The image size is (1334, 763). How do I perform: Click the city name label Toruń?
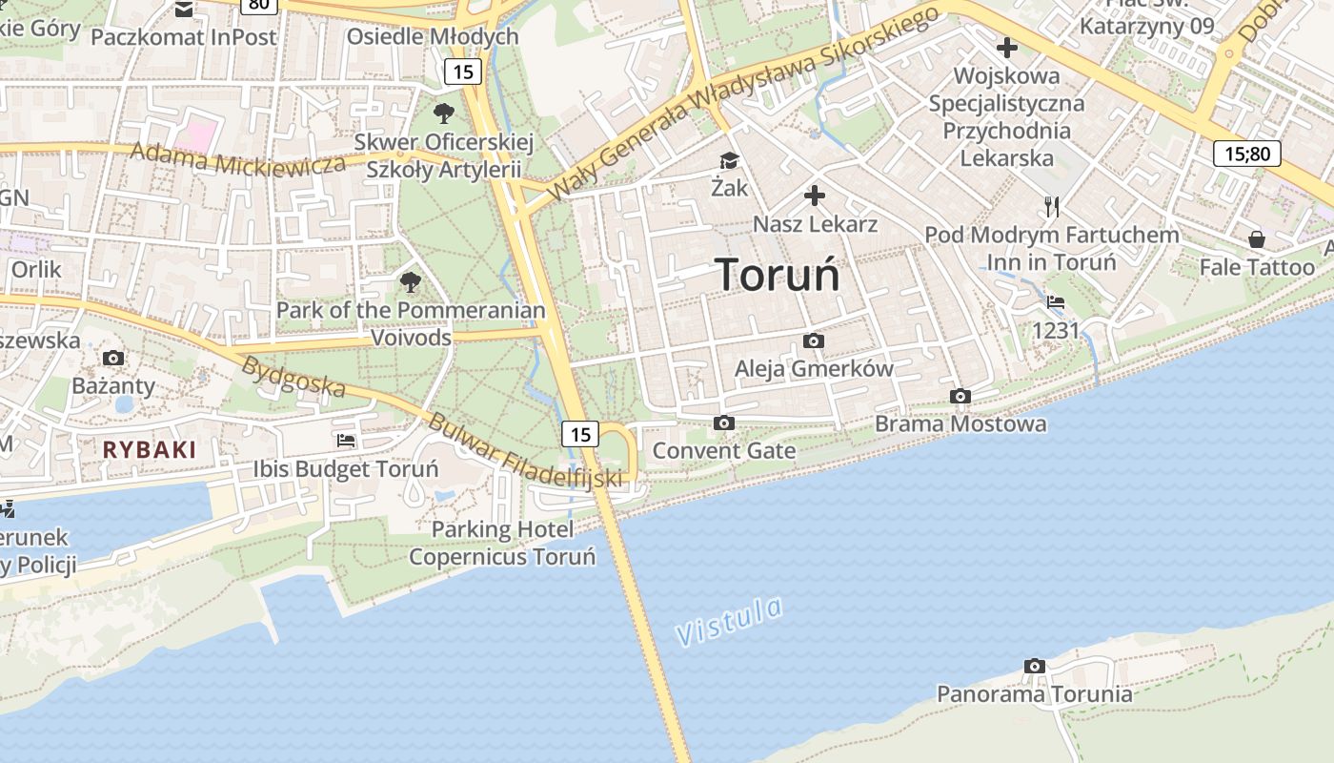click(778, 275)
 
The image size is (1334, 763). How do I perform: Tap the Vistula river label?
click(730, 621)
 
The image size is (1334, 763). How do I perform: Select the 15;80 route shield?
click(1246, 153)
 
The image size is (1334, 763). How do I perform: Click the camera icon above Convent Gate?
click(724, 423)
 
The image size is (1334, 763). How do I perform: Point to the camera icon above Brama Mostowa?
click(960, 396)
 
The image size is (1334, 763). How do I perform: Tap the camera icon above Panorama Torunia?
click(1035, 666)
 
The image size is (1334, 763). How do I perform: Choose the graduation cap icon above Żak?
click(729, 161)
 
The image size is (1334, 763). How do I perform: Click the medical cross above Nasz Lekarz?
click(815, 196)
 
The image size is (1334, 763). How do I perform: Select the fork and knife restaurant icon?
click(1052, 206)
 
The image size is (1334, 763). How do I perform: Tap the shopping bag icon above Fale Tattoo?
click(1257, 238)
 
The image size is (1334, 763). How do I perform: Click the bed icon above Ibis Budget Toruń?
click(346, 441)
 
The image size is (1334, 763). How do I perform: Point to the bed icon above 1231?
click(1055, 302)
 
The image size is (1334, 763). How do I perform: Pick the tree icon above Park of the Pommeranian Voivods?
click(411, 281)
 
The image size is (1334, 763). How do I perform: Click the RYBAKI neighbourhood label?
click(150, 450)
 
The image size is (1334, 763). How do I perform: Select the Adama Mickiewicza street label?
click(238, 158)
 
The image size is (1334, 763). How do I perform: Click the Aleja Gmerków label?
click(814, 368)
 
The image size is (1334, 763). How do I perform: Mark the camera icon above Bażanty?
click(113, 359)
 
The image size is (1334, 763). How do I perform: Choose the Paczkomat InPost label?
click(184, 37)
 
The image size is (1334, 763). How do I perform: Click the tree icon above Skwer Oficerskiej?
click(443, 113)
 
